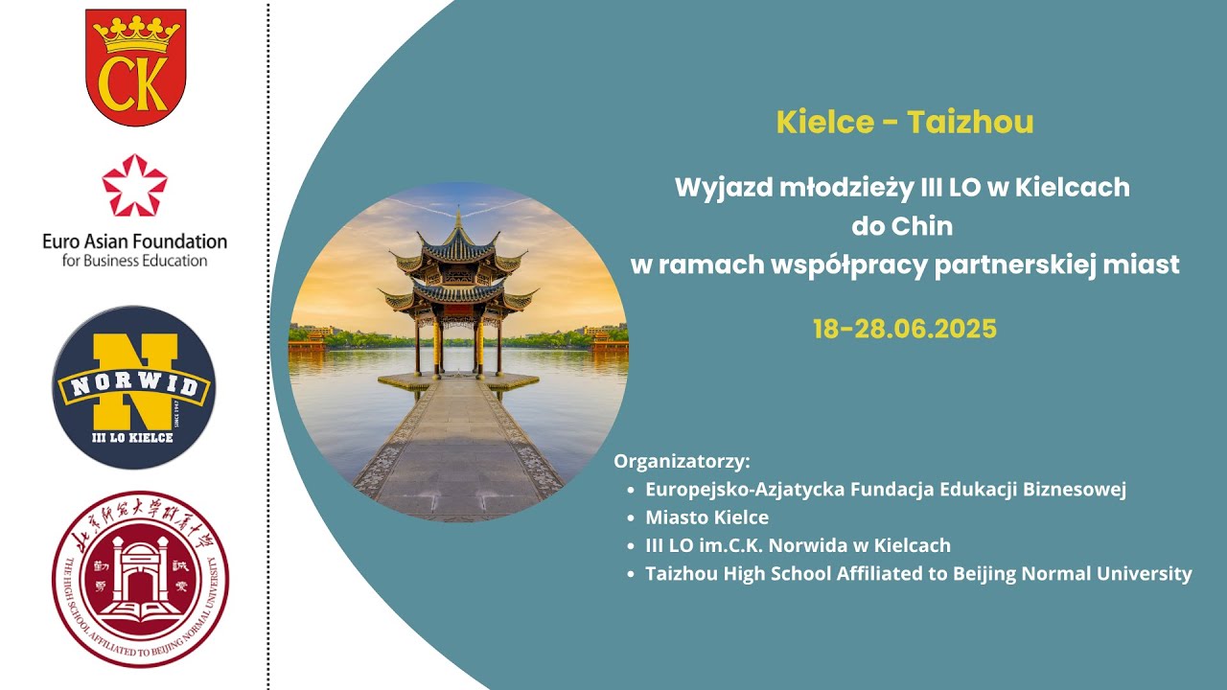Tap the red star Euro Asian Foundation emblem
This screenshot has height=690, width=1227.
pos(135,186)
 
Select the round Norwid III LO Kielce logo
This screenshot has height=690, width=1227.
pos(134,387)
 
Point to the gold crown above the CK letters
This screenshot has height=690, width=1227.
pos(135,36)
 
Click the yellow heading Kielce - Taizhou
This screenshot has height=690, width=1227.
pos(905,123)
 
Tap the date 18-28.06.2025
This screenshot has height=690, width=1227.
pos(905,329)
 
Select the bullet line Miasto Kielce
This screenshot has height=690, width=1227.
pos(706,517)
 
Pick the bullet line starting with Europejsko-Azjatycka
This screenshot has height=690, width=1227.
pos(885,489)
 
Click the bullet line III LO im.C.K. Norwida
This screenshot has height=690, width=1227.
pos(798,545)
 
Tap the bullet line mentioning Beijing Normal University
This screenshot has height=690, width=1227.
pos(918,574)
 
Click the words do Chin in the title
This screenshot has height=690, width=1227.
pos(902,227)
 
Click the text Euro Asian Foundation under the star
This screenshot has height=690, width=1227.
pos(135,241)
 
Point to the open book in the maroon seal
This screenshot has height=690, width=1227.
pos(141,607)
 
